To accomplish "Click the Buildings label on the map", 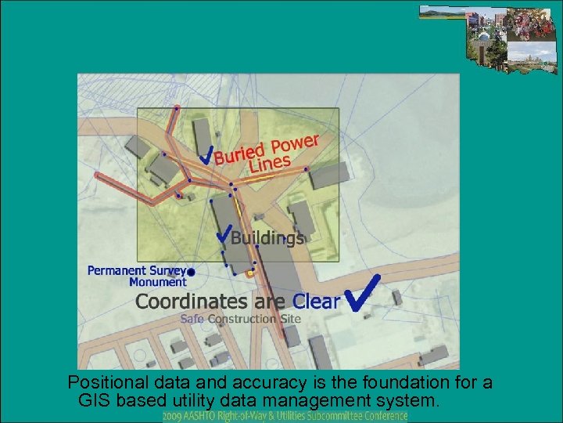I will (x=267, y=237).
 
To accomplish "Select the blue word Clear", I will (x=316, y=300).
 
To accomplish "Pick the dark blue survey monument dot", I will (x=192, y=272).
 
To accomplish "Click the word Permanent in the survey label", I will (x=116, y=270).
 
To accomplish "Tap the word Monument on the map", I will (x=158, y=282).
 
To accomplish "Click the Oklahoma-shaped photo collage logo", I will (x=489, y=35).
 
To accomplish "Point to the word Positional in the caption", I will (x=103, y=384).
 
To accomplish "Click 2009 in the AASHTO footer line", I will (x=174, y=416).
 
